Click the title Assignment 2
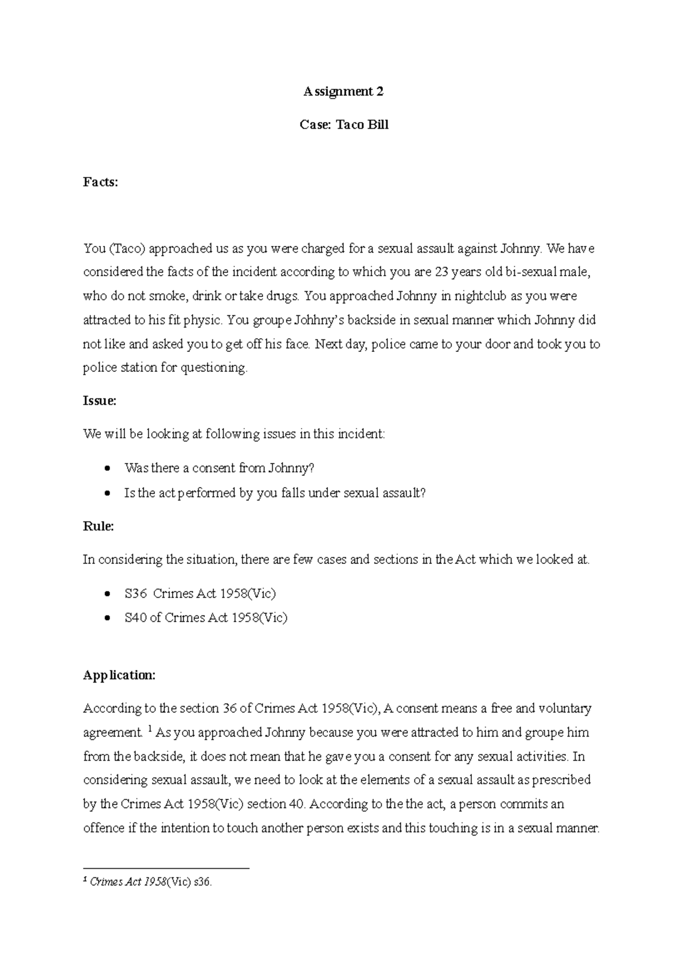click(343, 91)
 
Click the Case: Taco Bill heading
click(344, 124)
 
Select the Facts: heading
click(100, 182)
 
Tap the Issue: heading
click(100, 401)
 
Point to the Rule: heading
click(99, 526)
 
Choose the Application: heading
click(119, 675)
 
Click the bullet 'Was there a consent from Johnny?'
click(219, 468)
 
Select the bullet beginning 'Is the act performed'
click(275, 493)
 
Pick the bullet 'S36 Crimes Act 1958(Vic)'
click(200, 594)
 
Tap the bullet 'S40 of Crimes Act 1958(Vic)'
click(206, 618)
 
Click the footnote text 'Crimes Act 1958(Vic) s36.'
click(151, 883)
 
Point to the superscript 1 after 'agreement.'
click(150, 729)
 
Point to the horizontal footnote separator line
click(166, 869)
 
